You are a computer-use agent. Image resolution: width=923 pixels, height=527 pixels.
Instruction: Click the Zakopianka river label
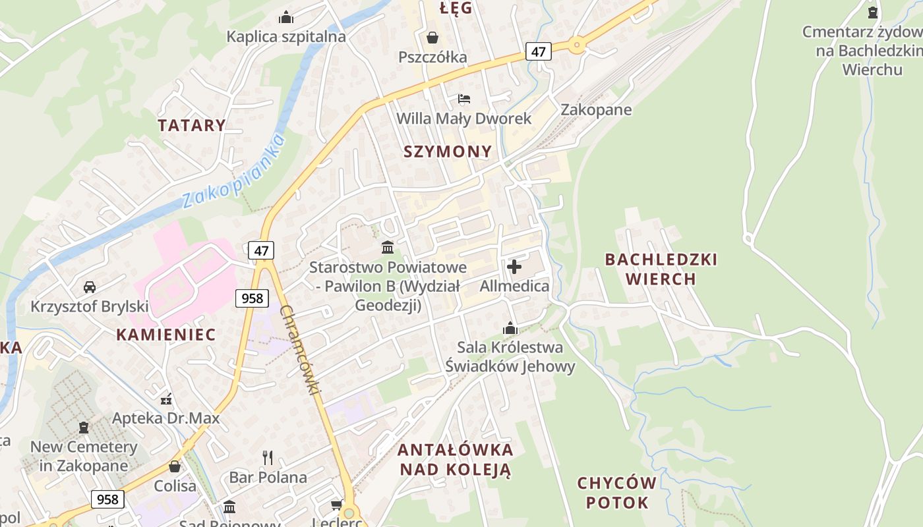(233, 170)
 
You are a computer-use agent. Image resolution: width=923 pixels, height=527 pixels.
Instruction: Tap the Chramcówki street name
(300, 350)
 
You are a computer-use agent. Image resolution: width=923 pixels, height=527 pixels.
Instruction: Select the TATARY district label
(192, 125)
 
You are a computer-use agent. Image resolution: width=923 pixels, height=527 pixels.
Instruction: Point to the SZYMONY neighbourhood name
(448, 152)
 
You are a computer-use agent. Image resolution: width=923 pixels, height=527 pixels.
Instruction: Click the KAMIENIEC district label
(166, 335)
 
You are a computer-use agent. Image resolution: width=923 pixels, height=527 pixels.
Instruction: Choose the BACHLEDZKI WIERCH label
(661, 269)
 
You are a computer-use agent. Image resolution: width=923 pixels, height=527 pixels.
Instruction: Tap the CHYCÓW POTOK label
(617, 493)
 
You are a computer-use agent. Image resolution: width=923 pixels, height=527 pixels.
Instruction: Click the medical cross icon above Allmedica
(514, 267)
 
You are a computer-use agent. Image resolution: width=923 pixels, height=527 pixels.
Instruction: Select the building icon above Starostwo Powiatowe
(388, 248)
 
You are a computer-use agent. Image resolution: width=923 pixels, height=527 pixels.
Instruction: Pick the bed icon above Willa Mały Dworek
(464, 99)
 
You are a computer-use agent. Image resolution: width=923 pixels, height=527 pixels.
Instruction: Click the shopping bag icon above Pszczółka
(432, 38)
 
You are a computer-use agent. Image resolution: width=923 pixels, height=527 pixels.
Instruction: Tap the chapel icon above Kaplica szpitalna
(286, 16)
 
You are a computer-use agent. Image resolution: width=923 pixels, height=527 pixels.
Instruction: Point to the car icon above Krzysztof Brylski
(90, 287)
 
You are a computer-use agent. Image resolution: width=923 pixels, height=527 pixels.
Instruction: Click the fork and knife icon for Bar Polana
(268, 457)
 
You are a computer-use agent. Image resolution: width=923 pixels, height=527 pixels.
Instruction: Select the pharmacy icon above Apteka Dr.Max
(166, 398)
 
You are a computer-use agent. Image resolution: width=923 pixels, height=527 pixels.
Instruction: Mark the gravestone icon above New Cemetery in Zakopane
(84, 427)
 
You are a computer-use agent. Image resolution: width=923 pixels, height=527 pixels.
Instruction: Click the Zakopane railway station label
(595, 110)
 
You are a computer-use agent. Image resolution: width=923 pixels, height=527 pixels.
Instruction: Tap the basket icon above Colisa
(175, 466)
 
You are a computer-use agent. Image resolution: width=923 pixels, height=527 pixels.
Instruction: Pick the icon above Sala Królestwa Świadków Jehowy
(510, 327)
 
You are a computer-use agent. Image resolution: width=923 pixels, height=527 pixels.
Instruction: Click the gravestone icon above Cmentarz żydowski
(873, 12)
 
